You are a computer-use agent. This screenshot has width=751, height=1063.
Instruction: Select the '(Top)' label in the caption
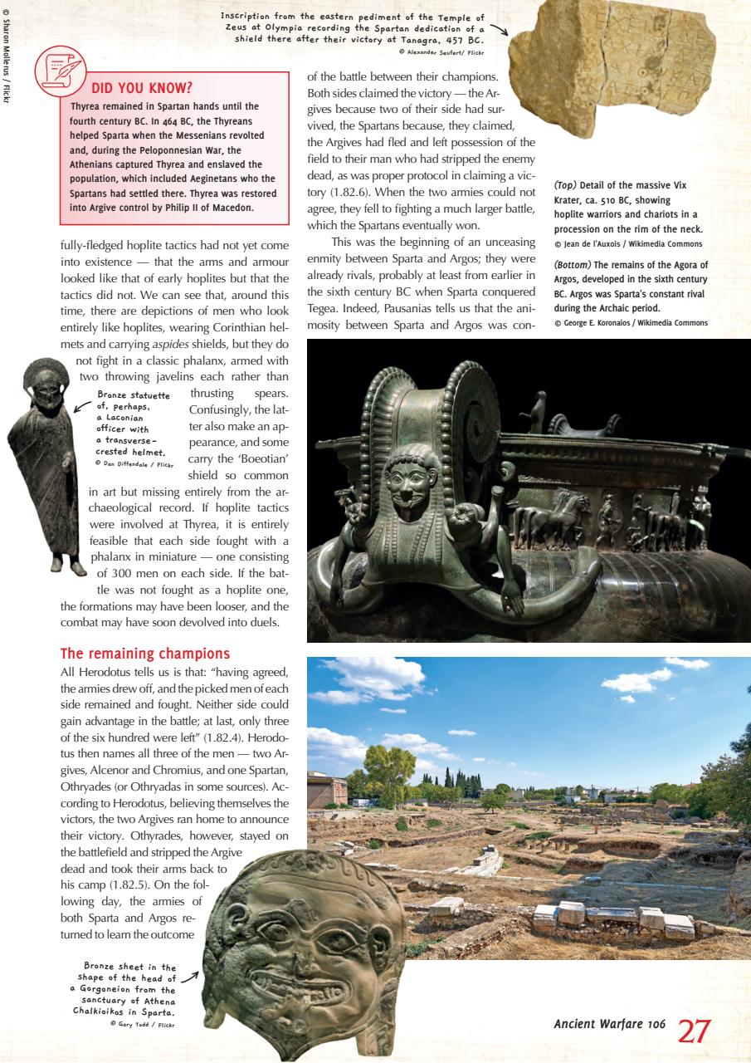point(567,185)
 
